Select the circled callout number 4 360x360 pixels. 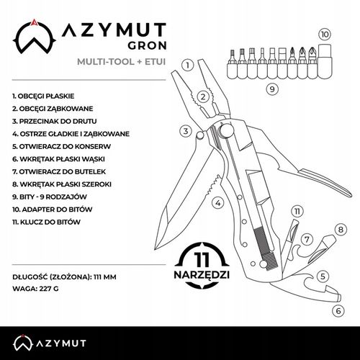(217, 203)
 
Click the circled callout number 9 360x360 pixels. (271, 89)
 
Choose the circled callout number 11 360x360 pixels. (296, 211)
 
